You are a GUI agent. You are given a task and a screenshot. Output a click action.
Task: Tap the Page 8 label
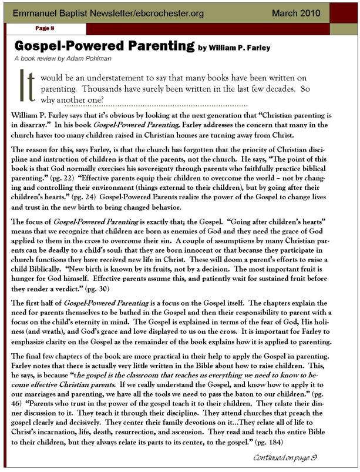tap(45, 28)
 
